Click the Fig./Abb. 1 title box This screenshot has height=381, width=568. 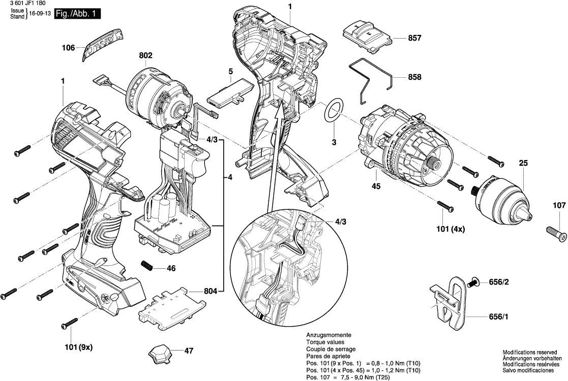(77, 14)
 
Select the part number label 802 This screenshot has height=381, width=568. (145, 55)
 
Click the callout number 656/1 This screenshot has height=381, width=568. (499, 317)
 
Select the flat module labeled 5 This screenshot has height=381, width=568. (230, 93)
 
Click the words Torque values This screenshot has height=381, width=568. (325, 342)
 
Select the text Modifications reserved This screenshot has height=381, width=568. (529, 352)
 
